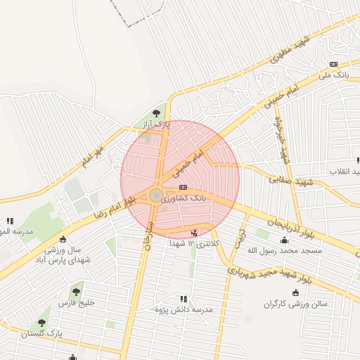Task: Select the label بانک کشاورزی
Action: click(184, 199)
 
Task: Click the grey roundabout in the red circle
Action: click(156, 195)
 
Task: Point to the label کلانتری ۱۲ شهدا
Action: click(195, 243)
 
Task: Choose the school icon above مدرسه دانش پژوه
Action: click(184, 299)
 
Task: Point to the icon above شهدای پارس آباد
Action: click(64, 239)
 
